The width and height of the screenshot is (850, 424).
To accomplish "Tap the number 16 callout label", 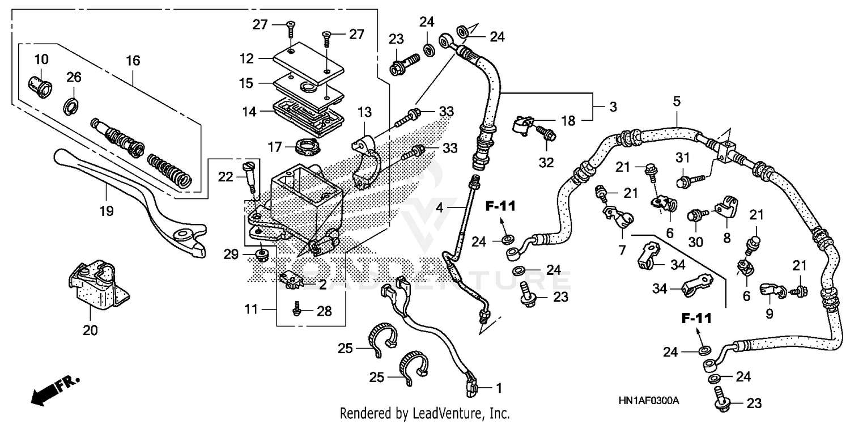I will (133, 60).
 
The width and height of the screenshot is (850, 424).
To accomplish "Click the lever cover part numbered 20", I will (96, 286).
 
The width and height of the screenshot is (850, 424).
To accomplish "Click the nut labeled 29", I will (262, 253).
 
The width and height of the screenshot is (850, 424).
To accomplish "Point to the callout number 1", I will (499, 389).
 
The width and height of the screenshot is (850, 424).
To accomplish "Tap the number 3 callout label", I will (613, 107).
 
